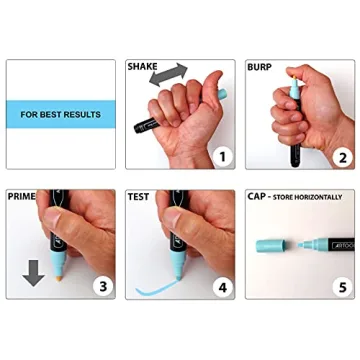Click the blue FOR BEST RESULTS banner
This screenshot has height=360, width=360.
(x=60, y=114)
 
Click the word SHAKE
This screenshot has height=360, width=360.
(x=142, y=67)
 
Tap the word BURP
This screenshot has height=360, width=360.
(x=261, y=67)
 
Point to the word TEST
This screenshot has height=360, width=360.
(x=139, y=197)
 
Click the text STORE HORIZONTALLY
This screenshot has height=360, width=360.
(x=310, y=197)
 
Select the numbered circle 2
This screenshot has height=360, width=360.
(x=341, y=156)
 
